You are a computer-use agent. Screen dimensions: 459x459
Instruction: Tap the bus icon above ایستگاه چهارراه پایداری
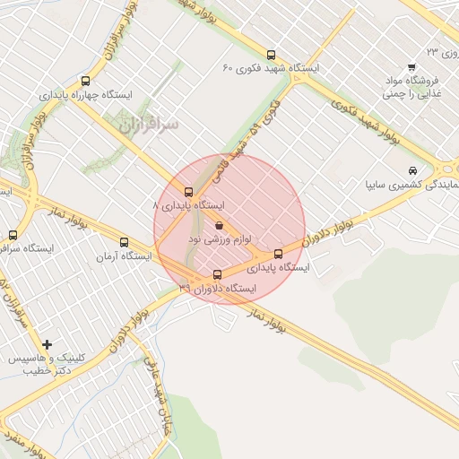click(85, 81)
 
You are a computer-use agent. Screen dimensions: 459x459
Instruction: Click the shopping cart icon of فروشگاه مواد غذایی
click(411, 67)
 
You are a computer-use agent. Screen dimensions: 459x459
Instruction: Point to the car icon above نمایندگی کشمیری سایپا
click(411, 171)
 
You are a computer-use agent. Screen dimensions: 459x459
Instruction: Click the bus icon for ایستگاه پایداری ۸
click(188, 191)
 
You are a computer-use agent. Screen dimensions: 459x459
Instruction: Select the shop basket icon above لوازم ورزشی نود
click(220, 226)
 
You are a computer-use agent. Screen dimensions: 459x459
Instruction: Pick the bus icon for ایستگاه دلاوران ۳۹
click(217, 274)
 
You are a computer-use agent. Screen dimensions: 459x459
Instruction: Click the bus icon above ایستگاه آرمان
click(124, 242)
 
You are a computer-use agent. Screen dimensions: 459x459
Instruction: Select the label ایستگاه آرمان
click(124, 256)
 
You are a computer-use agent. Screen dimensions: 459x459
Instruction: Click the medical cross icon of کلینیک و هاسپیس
click(47, 343)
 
